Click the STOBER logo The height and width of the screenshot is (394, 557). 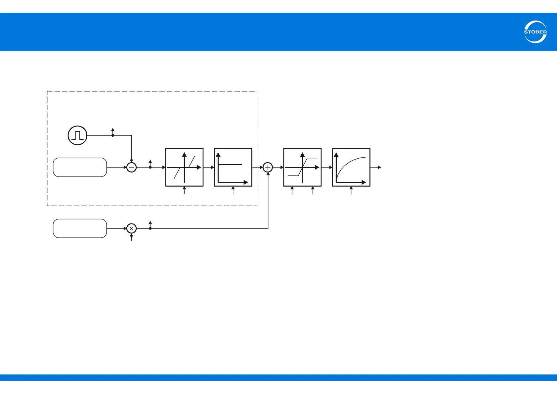[535, 32]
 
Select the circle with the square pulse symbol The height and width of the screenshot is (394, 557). [77, 135]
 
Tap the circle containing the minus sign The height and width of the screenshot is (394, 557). [132, 168]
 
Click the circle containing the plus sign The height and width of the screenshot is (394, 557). [268, 168]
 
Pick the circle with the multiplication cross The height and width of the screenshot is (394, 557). [132, 228]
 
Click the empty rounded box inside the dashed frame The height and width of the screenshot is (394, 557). [80, 168]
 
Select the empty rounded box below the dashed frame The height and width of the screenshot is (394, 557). [80, 228]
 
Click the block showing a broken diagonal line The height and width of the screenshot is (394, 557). [184, 167]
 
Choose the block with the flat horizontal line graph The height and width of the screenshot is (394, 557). [233, 167]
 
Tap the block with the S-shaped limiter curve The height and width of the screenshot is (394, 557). [302, 167]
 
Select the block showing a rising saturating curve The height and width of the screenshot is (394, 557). [351, 167]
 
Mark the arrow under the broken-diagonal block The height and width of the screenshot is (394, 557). [184, 190]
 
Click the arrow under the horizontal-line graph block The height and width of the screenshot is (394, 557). [233, 190]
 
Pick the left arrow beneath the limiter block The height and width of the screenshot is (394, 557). [292, 190]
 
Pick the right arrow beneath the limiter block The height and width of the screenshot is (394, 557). [313, 190]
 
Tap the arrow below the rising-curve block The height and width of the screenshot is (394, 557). [351, 190]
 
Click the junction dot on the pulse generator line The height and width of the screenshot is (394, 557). [113, 135]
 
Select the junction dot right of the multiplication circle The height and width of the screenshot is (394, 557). [150, 228]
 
